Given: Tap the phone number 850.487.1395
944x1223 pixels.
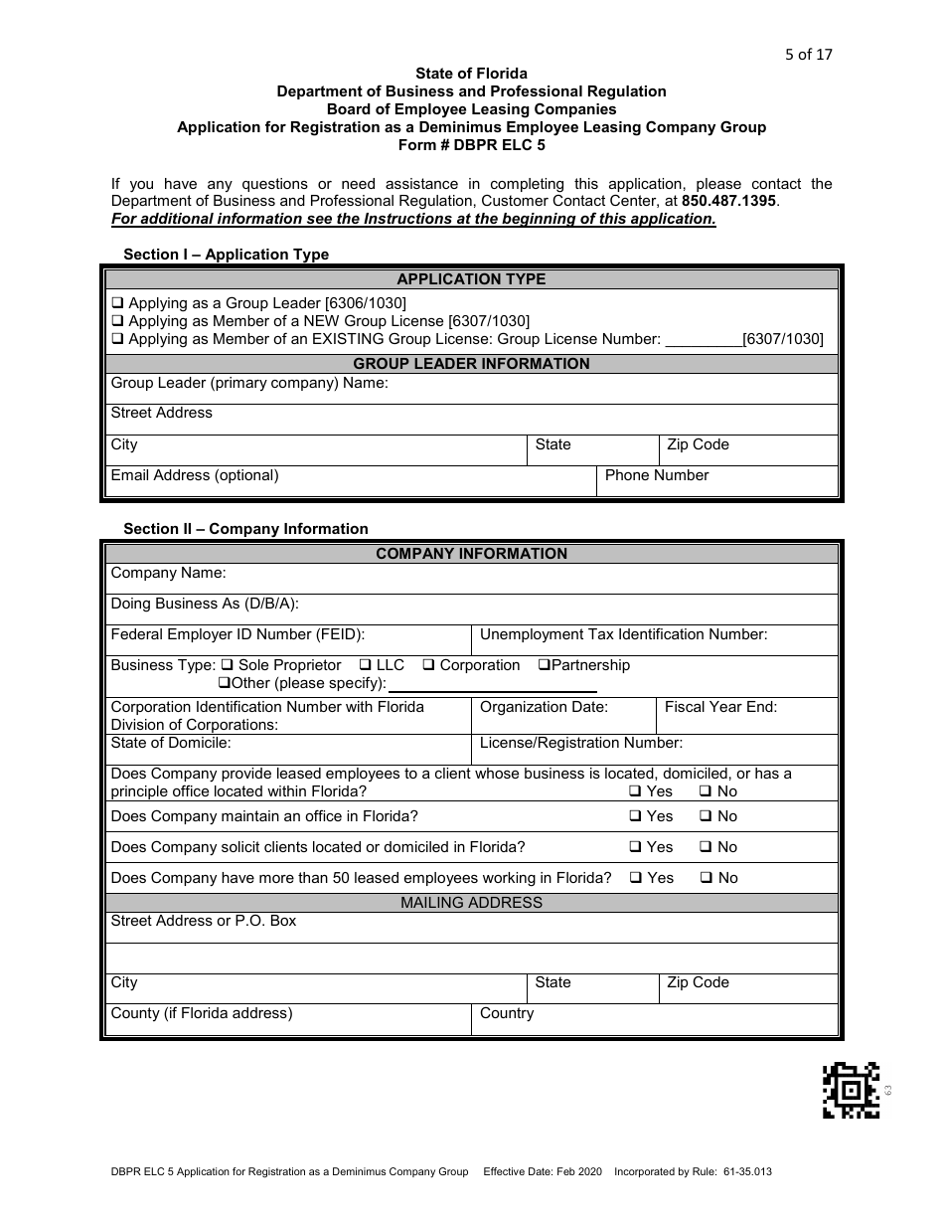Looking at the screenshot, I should pos(728,201).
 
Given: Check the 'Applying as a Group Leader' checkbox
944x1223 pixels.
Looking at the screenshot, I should pos(117,303).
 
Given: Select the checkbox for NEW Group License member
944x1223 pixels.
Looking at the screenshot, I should pos(117,321).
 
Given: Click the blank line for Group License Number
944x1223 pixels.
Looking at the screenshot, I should pos(703,340).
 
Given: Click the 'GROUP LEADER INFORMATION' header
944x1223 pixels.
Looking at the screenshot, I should pos(471,364).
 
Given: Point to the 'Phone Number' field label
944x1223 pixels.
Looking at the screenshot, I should pos(656,475).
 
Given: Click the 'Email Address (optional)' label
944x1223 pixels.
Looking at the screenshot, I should pos(195,475).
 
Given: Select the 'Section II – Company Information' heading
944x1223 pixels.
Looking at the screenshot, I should pos(245,529).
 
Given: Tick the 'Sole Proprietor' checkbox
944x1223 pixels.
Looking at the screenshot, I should pos(228,665).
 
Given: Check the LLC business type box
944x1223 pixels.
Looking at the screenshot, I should pos(366,665).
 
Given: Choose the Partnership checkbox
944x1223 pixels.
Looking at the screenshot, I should pos(545,665).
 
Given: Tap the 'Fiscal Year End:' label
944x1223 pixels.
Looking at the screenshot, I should pos(720,707).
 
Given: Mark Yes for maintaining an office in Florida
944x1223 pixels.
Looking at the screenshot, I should pos(635,816).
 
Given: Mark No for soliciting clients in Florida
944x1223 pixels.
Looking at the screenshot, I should pos(706,847).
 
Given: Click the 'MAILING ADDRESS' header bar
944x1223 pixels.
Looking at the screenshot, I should pos(471,903).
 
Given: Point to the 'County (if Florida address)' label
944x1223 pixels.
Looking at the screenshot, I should pos(202,1013).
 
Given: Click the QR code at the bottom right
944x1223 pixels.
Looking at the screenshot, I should pos(851,1091).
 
